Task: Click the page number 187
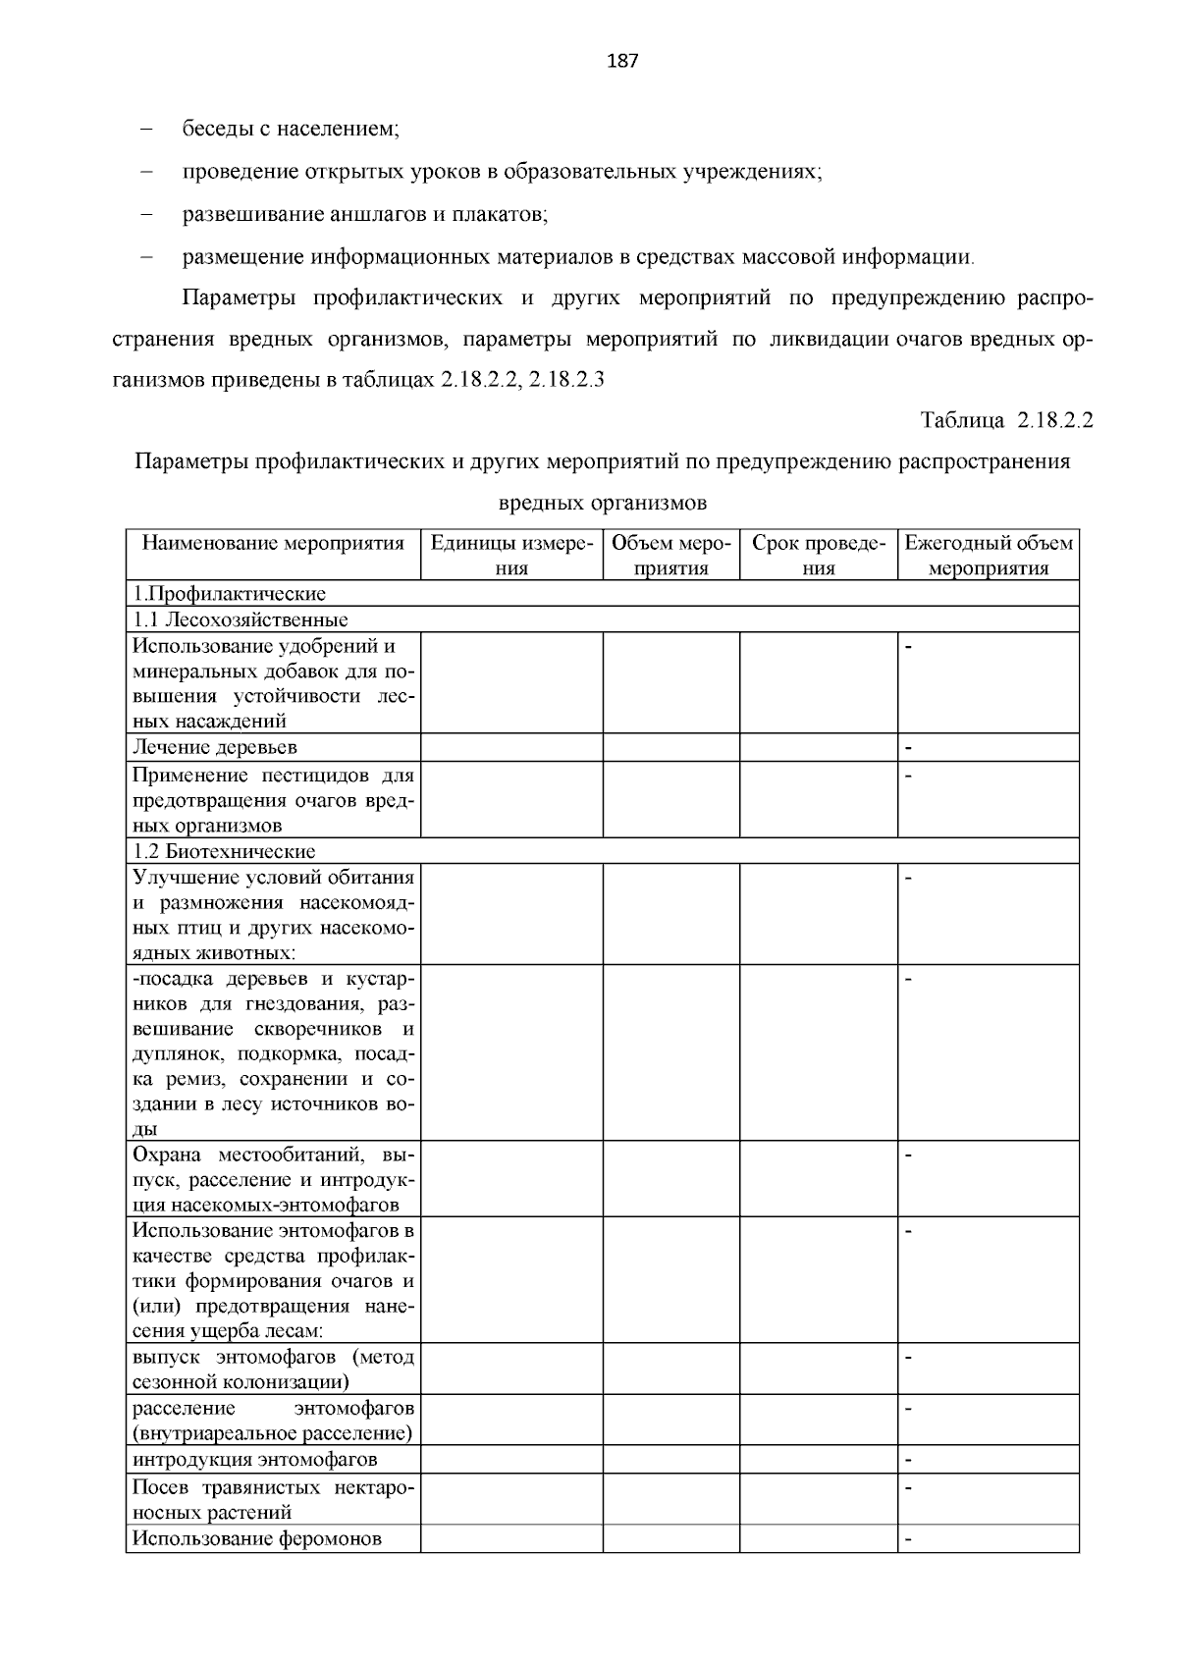click(x=622, y=62)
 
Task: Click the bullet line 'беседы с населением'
click(x=291, y=129)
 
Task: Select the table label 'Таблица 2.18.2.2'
click(x=1006, y=420)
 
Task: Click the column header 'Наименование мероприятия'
click(x=273, y=543)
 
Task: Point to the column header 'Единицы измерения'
click(x=511, y=555)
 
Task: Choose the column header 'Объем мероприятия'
click(x=671, y=555)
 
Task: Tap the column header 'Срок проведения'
click(x=818, y=555)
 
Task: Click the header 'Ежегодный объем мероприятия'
click(x=988, y=555)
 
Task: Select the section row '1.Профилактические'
click(x=229, y=594)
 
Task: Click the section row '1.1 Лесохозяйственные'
click(x=241, y=619)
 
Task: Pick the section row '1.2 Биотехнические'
click(x=225, y=851)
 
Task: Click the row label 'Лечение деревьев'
click(x=215, y=747)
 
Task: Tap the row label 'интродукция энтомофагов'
click(x=255, y=1460)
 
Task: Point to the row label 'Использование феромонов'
click(x=257, y=1538)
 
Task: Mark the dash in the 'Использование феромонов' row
click(x=908, y=1539)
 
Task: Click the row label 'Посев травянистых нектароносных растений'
click(x=273, y=1499)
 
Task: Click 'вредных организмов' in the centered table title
click(x=603, y=503)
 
